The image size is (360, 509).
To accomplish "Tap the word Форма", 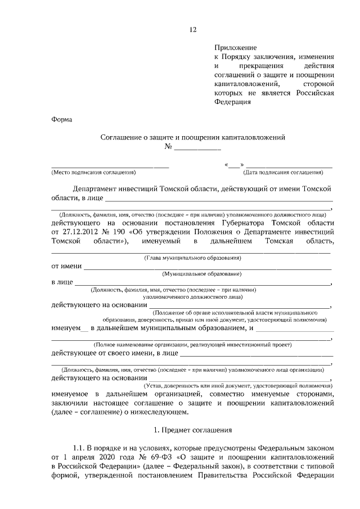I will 61,119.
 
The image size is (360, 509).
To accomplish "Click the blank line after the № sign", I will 197,148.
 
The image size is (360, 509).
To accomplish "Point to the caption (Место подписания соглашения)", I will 94,173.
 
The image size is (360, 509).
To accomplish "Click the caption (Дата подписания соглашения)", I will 283,173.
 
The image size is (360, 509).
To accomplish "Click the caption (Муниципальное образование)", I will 202,273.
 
